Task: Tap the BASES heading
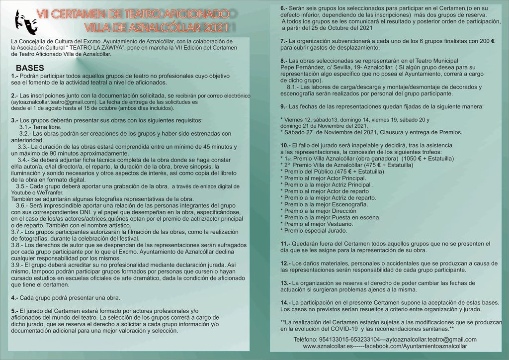click(x=30, y=68)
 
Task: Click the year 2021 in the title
click(x=214, y=27)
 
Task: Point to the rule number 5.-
click(x=14, y=310)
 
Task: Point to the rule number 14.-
click(x=285, y=302)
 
